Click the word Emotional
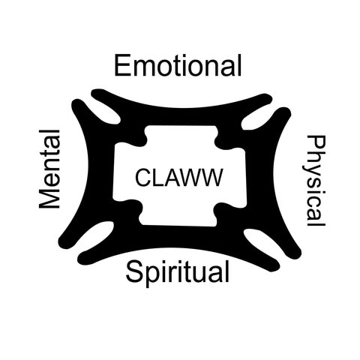tap(178, 65)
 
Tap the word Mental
tap(49, 169)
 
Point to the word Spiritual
tap(177, 273)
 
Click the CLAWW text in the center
tap(178, 177)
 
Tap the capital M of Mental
tap(49, 196)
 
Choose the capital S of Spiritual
tap(134, 271)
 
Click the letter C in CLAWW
tap(143, 177)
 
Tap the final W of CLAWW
tap(211, 177)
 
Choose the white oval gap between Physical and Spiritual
tap(261, 241)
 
